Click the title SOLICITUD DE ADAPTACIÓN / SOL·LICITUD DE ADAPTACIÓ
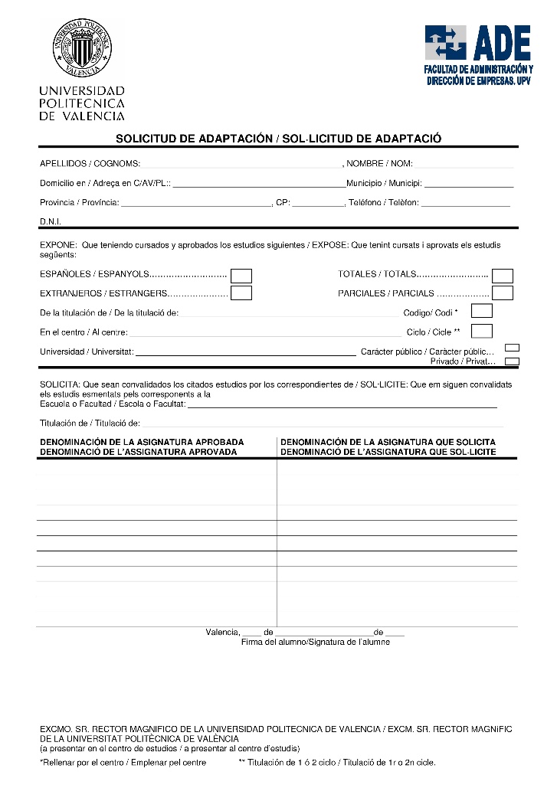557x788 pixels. point(279,139)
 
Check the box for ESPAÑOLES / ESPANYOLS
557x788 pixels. point(241,276)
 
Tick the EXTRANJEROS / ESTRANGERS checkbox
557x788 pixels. point(241,293)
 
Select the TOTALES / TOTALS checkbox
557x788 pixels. point(503,276)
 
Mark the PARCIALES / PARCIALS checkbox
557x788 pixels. point(503,293)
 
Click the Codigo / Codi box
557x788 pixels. point(482,311)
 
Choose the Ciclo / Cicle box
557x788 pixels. point(482,331)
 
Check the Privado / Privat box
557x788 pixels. point(513,361)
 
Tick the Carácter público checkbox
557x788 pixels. point(513,348)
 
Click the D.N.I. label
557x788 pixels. point(51,221)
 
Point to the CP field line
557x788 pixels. point(318,205)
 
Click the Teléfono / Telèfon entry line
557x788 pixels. point(465,205)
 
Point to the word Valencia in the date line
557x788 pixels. point(222,632)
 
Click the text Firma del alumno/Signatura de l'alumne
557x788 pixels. point(316,642)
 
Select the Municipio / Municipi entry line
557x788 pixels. point(468,186)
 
